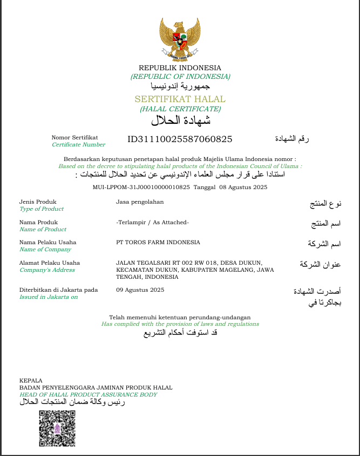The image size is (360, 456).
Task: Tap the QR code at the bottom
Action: [x=57, y=428]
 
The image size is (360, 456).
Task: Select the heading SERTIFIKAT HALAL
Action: [x=180, y=99]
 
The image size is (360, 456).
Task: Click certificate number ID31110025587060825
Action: [x=180, y=139]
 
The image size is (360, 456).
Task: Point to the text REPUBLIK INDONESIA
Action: [x=180, y=68]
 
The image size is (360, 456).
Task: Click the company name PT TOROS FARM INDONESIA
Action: [x=158, y=242]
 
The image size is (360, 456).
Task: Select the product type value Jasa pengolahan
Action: [x=140, y=202]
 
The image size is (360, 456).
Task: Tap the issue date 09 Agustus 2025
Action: [x=140, y=290]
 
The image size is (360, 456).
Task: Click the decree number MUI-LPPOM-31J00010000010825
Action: [x=142, y=187]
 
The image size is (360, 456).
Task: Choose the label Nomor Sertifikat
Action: [x=74, y=138]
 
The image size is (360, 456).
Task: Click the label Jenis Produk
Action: [x=38, y=202]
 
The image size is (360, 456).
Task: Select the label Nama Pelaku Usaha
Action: [x=47, y=242]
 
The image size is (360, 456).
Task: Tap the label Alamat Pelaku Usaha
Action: [x=50, y=263]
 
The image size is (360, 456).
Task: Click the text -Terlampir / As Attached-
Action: [x=152, y=222]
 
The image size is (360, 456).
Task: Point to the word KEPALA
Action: [x=31, y=380]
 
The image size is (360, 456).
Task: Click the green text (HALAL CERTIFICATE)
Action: [x=180, y=109]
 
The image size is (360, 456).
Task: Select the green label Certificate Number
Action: [x=78, y=145]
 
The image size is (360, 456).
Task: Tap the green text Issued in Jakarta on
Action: [x=49, y=297]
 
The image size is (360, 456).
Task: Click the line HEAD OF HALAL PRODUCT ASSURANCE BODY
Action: [x=88, y=394]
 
